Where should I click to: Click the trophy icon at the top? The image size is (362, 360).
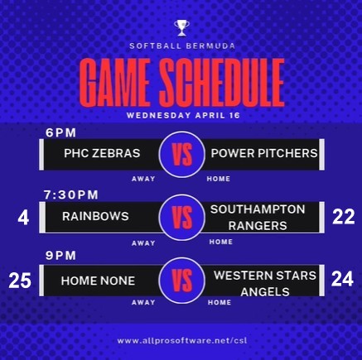(x=181, y=28)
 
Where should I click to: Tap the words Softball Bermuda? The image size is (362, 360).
(x=182, y=46)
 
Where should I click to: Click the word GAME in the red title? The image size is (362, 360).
(x=115, y=82)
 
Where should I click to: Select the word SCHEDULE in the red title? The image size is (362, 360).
(x=222, y=82)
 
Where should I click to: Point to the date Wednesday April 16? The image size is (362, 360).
(x=183, y=115)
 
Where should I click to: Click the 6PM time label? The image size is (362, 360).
(x=60, y=132)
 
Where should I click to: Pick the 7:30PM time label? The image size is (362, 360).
(x=71, y=194)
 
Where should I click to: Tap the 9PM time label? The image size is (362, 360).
(x=60, y=256)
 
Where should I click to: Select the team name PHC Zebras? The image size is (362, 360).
(x=102, y=153)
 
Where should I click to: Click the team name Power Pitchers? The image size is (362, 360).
(x=264, y=153)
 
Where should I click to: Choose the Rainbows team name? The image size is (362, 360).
(x=95, y=216)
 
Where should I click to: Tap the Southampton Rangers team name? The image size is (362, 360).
(x=258, y=218)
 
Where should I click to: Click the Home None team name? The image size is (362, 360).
(x=98, y=281)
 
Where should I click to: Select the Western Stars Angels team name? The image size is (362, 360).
(x=265, y=283)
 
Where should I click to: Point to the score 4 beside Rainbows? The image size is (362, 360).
(x=23, y=218)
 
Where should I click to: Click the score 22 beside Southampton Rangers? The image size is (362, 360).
(x=344, y=216)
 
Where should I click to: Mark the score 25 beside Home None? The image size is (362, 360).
(x=20, y=281)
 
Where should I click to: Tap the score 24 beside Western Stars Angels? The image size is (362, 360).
(x=342, y=279)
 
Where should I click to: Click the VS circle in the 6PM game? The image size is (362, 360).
(x=182, y=154)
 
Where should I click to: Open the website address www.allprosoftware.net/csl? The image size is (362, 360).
(x=182, y=341)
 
